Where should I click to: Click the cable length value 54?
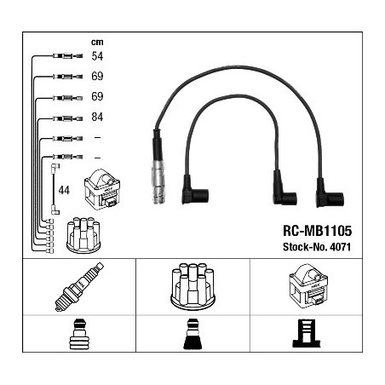coord(97,56)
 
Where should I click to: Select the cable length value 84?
coord(97,117)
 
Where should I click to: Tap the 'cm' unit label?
coord(97,42)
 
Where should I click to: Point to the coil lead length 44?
coord(64,190)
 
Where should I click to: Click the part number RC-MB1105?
coord(317,231)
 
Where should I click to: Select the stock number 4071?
coord(340,247)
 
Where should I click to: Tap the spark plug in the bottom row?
coord(79,287)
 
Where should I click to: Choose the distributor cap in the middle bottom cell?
coord(192,286)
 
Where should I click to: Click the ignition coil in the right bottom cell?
coord(308,286)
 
